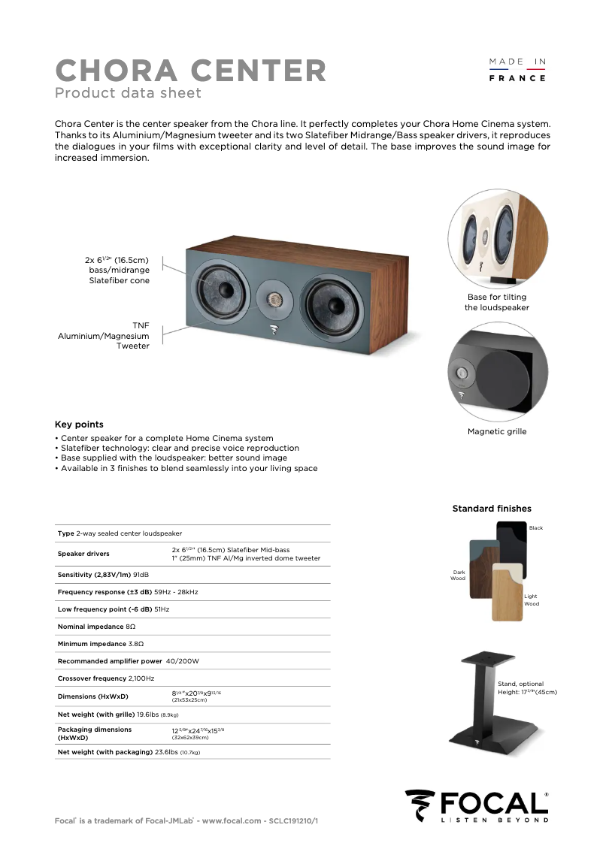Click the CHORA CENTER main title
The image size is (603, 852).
tap(191, 71)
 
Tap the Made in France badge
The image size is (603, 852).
tap(517, 69)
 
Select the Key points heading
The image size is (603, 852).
tap(79, 424)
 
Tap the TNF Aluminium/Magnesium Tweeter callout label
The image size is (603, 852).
tap(104, 336)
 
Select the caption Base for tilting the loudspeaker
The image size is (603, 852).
tap(496, 302)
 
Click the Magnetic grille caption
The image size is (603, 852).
tap(496, 431)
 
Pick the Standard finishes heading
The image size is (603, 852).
tap(492, 509)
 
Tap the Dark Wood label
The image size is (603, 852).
tap(458, 576)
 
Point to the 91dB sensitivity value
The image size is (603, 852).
tap(141, 575)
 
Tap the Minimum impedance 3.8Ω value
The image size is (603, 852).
tap(136, 644)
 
